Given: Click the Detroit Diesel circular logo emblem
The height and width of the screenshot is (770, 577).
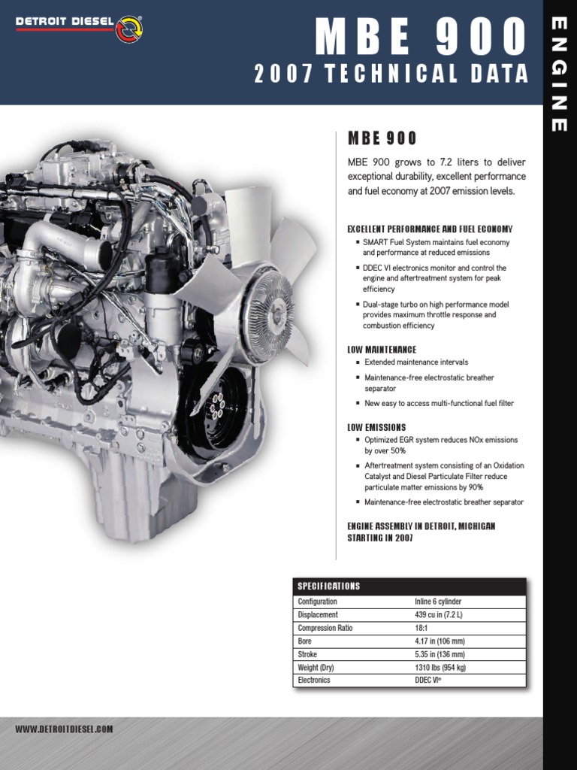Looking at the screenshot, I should pyautogui.click(x=129, y=29).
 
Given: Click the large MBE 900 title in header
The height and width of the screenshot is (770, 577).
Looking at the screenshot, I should pyautogui.click(x=421, y=36).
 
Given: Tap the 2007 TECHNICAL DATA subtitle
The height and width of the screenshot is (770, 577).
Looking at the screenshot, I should pyautogui.click(x=391, y=74).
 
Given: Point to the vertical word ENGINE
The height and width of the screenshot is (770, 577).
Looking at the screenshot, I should pyautogui.click(x=559, y=75).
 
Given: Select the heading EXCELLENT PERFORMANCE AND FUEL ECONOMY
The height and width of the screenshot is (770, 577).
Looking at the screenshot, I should pyautogui.click(x=430, y=229).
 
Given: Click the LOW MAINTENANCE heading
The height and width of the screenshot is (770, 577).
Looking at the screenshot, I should pyautogui.click(x=382, y=350).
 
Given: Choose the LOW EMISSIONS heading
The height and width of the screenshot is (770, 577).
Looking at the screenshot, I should pyautogui.click(x=376, y=427).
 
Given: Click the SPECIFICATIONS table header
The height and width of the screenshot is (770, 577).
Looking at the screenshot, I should pyautogui.click(x=329, y=587).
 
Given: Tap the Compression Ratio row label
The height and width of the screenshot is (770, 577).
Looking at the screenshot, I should pyautogui.click(x=325, y=628).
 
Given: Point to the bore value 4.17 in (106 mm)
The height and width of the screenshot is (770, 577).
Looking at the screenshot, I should pyautogui.click(x=440, y=641).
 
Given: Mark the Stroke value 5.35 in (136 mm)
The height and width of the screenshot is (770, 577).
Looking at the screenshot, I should pyautogui.click(x=440, y=654).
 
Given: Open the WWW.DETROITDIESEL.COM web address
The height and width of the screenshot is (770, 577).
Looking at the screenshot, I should pyautogui.click(x=65, y=729).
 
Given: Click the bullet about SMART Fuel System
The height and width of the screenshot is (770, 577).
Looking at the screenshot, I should pyautogui.click(x=436, y=247).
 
